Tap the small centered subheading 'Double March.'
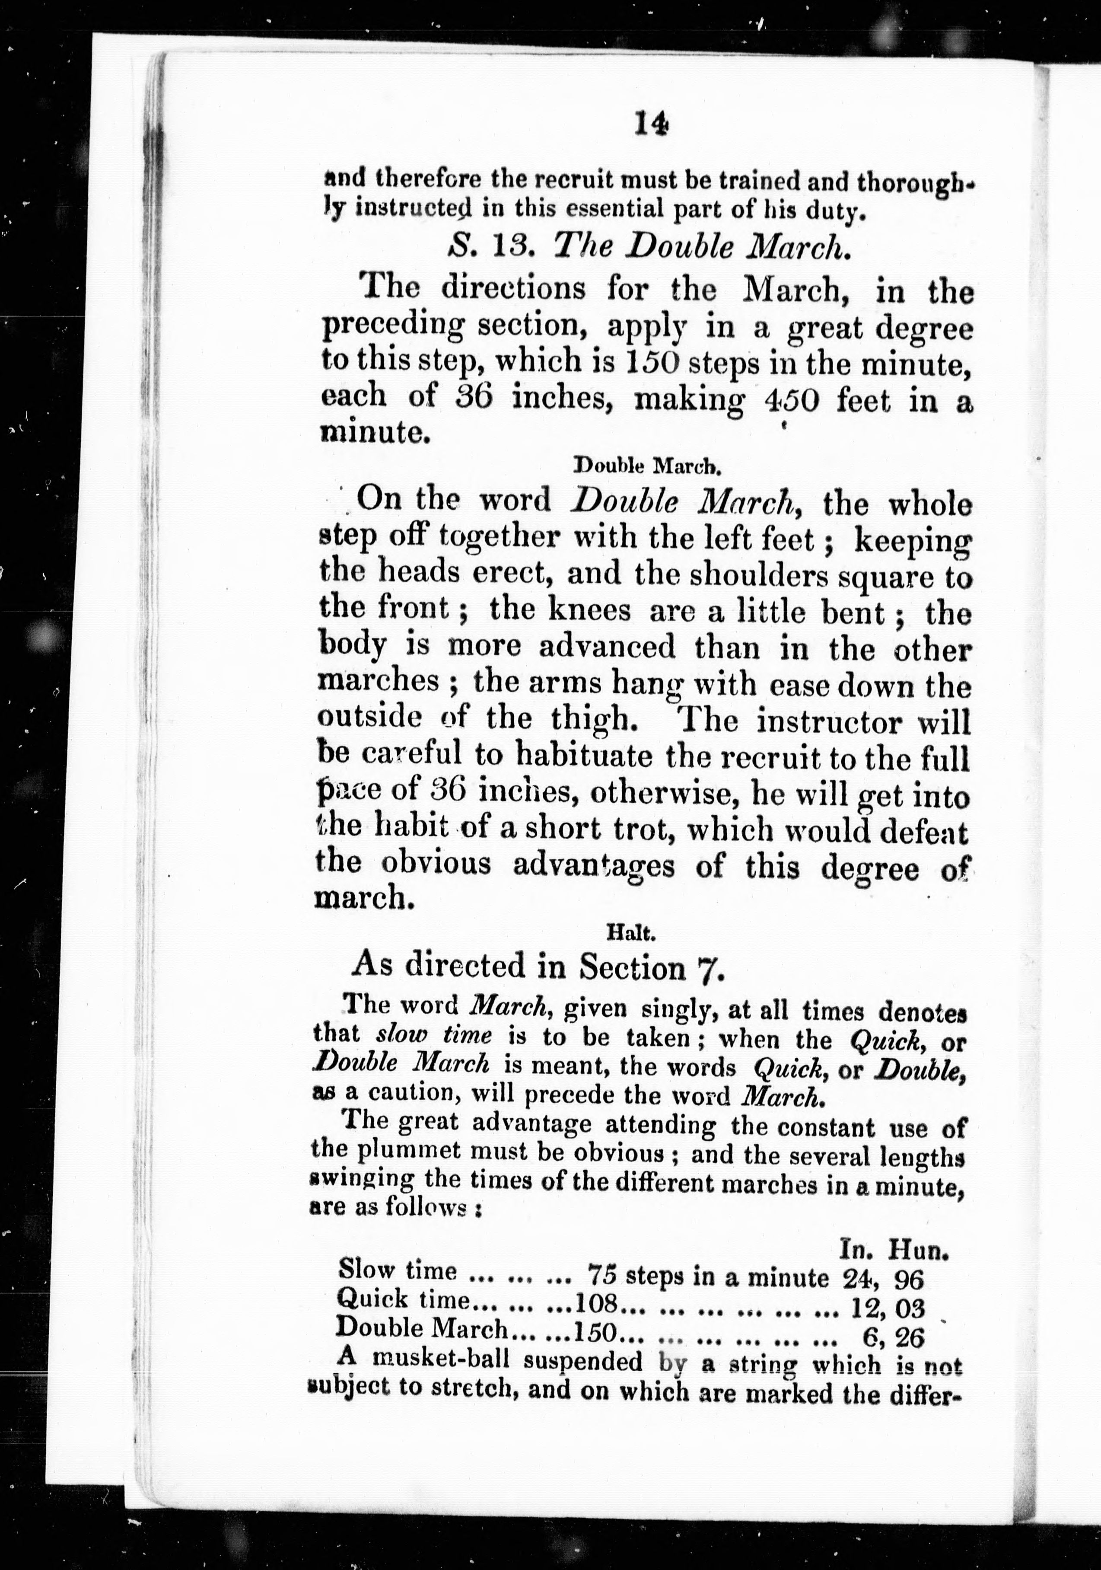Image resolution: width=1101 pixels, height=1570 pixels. coord(646,466)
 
